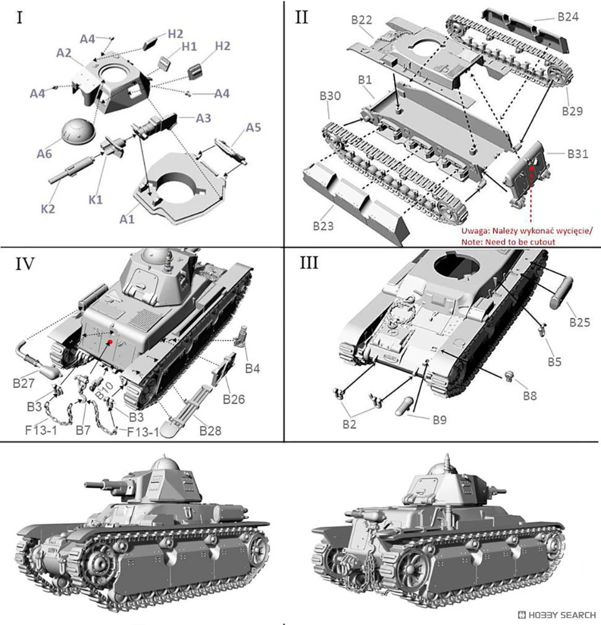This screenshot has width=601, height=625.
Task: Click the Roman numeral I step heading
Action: tap(20, 17)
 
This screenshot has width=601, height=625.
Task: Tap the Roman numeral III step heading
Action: tap(309, 262)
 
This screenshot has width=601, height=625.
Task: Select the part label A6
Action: tap(44, 154)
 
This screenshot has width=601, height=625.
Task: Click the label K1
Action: tap(95, 199)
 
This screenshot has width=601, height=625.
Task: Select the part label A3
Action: tap(203, 118)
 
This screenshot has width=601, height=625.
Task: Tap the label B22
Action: tap(361, 19)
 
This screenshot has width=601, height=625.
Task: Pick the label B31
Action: tap(577, 154)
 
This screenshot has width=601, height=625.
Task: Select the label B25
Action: tap(580, 322)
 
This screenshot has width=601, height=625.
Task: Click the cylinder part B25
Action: tap(561, 292)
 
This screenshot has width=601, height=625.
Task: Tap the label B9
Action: tap(439, 420)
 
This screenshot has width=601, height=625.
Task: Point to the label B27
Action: tap(24, 383)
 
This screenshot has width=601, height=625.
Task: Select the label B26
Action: tap(233, 399)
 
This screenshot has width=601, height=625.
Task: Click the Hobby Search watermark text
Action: tap(562, 614)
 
